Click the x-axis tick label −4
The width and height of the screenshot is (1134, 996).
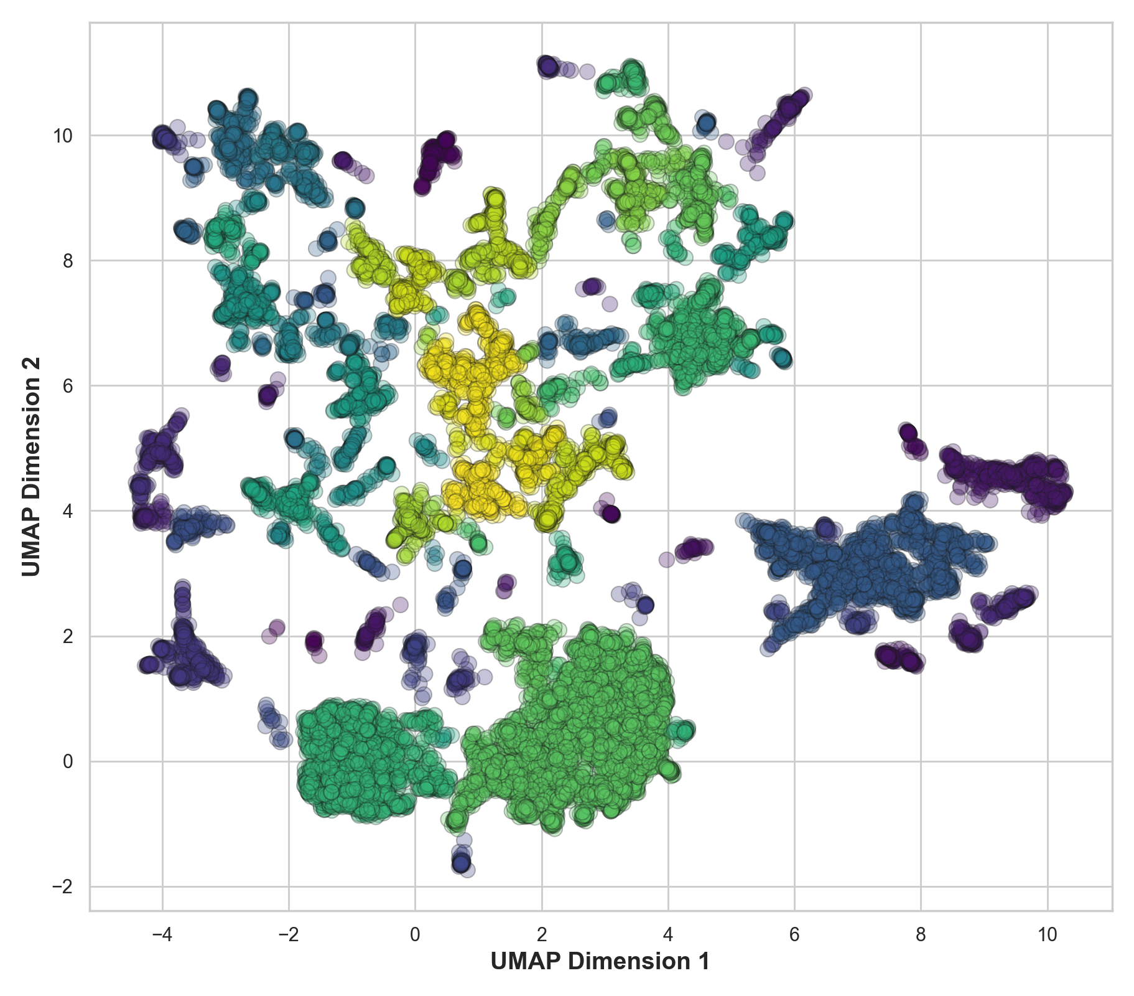162,935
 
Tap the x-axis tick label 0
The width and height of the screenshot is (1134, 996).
415,935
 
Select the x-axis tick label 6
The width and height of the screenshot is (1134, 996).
794,935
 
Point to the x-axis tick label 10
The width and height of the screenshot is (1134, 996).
1047,935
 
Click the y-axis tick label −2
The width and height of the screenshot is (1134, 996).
62,886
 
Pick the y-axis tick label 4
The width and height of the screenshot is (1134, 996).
68,511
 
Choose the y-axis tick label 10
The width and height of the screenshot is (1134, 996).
62,136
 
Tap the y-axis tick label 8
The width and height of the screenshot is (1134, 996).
68,261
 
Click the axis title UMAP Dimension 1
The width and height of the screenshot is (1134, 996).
600,962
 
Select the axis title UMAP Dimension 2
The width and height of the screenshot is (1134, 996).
31,466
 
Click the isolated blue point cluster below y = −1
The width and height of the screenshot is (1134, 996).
462,862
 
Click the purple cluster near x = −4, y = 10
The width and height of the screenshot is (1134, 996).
164,138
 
